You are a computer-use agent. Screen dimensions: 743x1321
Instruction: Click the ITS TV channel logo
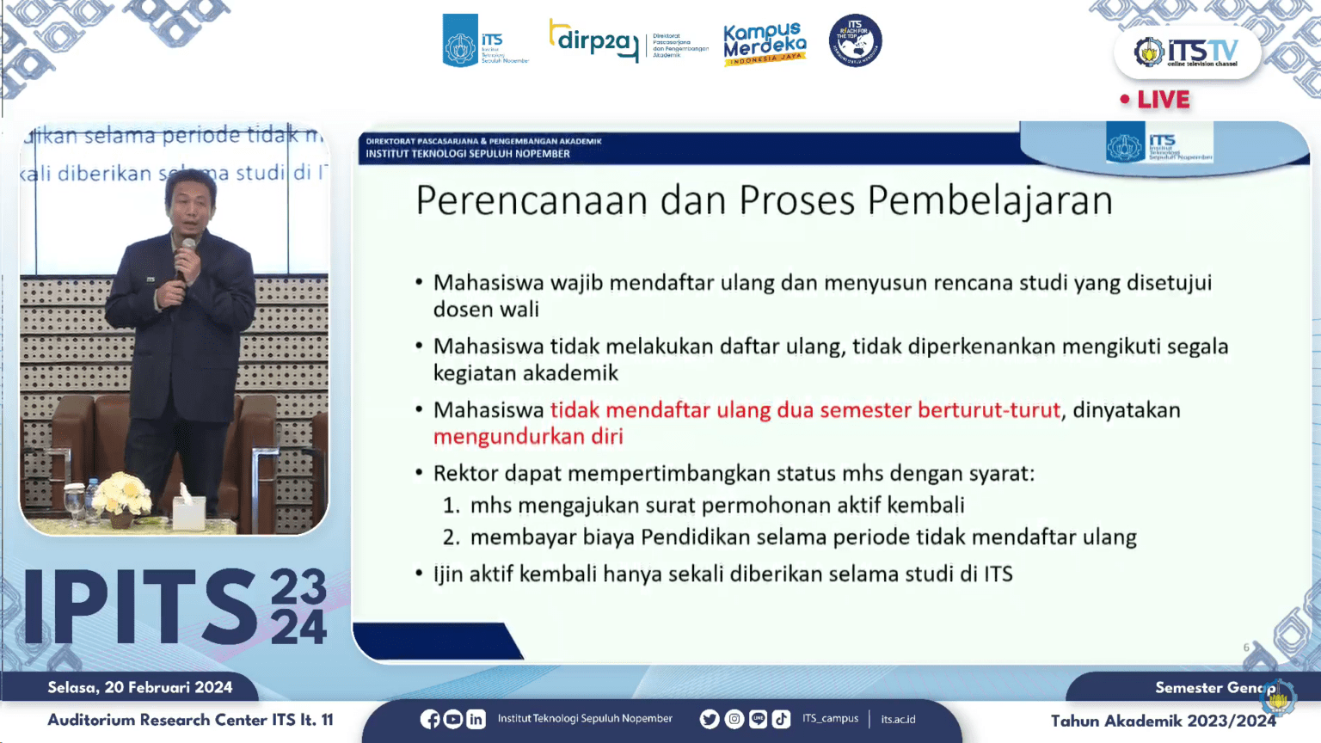click(x=1186, y=52)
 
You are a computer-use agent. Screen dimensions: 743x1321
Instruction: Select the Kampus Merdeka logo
click(x=764, y=44)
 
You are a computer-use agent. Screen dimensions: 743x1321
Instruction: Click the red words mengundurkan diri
click(x=528, y=437)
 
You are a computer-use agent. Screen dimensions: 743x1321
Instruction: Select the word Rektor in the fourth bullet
click(x=465, y=474)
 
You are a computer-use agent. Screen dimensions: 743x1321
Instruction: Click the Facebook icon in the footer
click(x=430, y=719)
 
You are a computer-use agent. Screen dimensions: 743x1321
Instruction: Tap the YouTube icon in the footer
click(x=453, y=719)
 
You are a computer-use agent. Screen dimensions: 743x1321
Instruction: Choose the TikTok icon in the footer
click(x=781, y=719)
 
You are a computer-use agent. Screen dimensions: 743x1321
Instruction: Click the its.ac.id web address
click(x=898, y=719)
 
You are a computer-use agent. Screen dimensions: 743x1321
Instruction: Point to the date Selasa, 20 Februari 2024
click(x=140, y=687)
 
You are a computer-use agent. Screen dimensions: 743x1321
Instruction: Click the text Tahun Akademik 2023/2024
click(x=1163, y=721)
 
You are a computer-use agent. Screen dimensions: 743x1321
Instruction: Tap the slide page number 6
click(x=1246, y=648)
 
